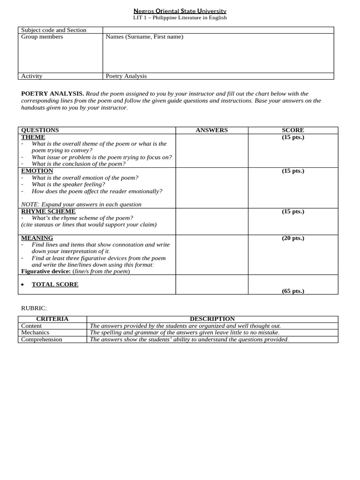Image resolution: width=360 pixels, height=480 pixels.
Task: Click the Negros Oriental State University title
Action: tap(180, 11)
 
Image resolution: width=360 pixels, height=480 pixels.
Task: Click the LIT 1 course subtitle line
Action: tap(180, 18)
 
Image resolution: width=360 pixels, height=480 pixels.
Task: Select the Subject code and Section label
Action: tap(53, 30)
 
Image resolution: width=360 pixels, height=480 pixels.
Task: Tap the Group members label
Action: tap(42, 37)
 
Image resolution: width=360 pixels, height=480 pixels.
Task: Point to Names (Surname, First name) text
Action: tap(144, 37)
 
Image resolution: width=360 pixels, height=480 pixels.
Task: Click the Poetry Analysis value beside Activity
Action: tap(126, 76)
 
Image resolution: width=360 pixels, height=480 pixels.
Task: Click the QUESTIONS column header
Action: tap(40, 130)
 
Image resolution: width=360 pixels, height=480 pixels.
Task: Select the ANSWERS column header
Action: tap(211, 130)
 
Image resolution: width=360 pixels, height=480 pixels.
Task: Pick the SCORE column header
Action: tap(293, 130)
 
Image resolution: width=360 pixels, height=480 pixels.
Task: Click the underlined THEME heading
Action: tap(33, 137)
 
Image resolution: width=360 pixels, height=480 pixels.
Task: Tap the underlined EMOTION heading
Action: tap(37, 171)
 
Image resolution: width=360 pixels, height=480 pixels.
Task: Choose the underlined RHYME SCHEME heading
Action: tap(48, 211)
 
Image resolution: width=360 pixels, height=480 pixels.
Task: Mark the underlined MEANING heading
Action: tap(37, 238)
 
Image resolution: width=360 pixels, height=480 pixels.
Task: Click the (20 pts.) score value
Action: tap(293, 238)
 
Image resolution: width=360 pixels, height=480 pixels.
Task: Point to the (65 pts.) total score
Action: tap(293, 291)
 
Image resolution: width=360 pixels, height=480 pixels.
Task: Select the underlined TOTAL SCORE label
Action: tap(55, 285)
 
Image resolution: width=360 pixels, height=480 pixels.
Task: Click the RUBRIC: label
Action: tap(34, 308)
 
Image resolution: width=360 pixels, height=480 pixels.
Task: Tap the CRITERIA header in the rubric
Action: tap(52, 319)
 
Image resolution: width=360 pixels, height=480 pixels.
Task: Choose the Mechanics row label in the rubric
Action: tap(35, 332)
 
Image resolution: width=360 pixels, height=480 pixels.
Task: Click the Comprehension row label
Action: tap(42, 339)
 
